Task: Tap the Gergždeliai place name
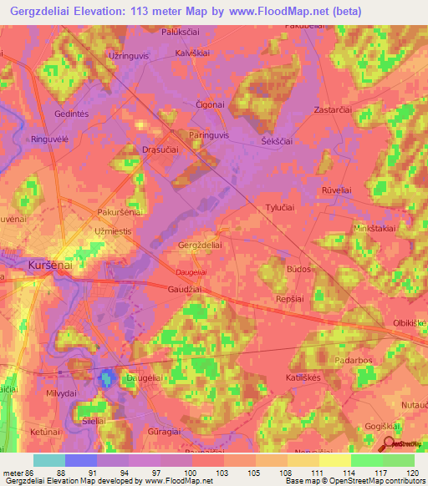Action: pos(201,246)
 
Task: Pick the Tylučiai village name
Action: pos(283,209)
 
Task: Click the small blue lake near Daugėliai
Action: pos(106,379)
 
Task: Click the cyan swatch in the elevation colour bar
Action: pos(48,460)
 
